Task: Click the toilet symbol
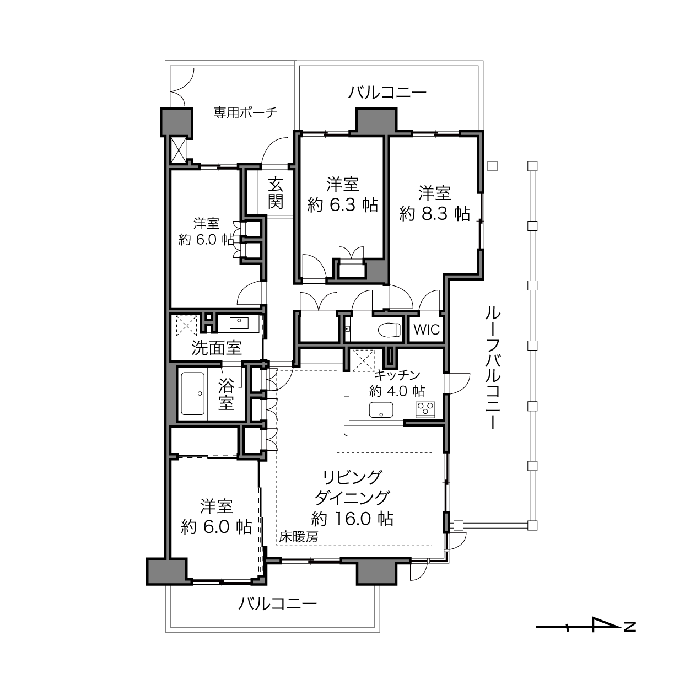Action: pos(390,329)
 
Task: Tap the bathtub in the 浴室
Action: pos(193,393)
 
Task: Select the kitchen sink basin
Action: pos(381,409)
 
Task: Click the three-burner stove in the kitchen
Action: pos(425,409)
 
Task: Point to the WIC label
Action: pos(427,330)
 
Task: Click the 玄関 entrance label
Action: pos(276,193)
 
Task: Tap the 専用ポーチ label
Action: pos(246,113)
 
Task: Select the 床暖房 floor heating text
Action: pos(299,536)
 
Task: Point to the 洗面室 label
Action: pos(217,348)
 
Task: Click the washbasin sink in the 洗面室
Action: pos(239,324)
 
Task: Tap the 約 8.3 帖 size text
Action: pos(435,214)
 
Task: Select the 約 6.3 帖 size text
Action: pos(343,205)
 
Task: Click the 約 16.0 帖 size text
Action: pos(353,518)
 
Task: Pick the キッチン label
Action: pos(397,375)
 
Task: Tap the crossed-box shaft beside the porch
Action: pos(178,149)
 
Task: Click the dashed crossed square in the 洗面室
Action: pos(187,326)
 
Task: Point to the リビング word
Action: pos(352,477)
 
